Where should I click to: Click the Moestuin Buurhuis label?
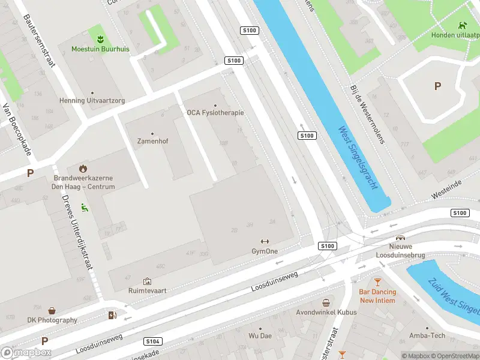coord(95,49)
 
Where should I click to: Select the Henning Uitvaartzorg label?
coord(92,101)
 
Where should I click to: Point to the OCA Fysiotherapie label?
coord(215,112)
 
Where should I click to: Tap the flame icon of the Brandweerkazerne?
coord(83,169)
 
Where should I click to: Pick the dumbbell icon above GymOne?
coord(265,242)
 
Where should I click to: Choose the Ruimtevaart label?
coord(147,290)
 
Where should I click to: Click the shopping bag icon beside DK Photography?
coord(52,311)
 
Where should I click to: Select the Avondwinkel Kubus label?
coord(326,312)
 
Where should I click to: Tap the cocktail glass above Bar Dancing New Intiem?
coord(377,281)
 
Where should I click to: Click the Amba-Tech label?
coord(427,336)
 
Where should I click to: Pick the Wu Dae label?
coord(260,336)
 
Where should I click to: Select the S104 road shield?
coord(152,341)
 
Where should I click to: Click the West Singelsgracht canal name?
coord(358,157)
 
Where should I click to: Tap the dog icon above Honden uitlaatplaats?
coord(461,25)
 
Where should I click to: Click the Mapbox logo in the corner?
coord(26,353)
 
